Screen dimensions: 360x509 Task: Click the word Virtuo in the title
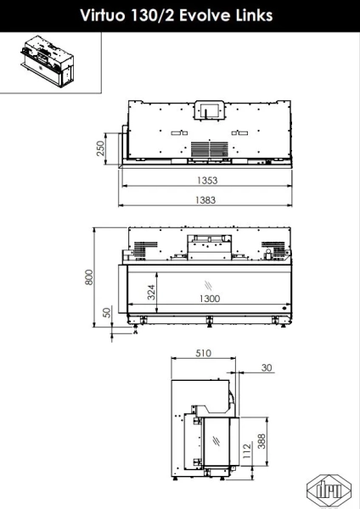[x=103, y=15]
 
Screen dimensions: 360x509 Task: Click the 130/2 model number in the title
[x=152, y=15]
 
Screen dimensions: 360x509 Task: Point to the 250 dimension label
[x=101, y=148]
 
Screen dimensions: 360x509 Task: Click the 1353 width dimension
[x=207, y=180]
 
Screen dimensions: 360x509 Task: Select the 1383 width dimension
[x=205, y=199]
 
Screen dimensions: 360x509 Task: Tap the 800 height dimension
[x=89, y=277]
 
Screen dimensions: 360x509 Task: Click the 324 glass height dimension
[x=151, y=292]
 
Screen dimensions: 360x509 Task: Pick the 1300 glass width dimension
[x=210, y=299]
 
